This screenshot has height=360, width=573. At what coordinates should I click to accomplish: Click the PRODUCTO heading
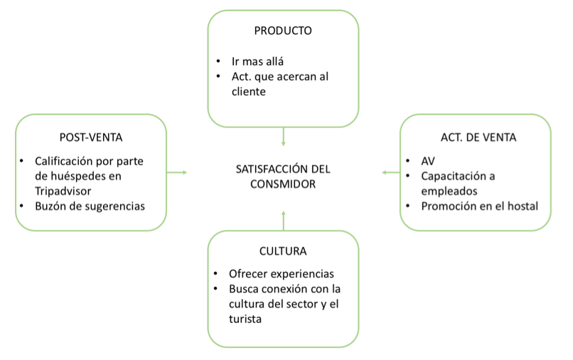click(283, 31)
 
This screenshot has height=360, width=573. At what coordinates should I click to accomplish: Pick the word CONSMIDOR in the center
click(283, 184)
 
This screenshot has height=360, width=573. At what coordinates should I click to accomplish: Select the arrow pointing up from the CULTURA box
click(283, 221)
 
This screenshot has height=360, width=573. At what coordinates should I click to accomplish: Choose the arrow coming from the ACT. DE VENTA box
click(390, 172)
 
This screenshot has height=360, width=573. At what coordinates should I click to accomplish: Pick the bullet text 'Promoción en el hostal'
click(479, 206)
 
